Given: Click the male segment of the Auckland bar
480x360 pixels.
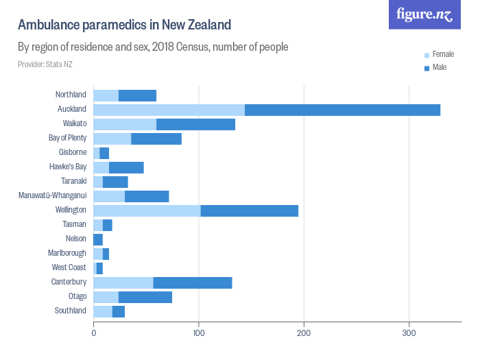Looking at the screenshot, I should click(x=342, y=110).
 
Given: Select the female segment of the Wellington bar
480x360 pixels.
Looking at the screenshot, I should click(x=147, y=211).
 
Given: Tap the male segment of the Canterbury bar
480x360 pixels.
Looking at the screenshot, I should click(x=193, y=283).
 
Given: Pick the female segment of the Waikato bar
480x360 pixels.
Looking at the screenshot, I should click(x=125, y=124).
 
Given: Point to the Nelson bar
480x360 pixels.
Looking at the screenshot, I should click(x=98, y=239).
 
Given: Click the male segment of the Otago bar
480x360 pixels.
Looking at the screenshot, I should click(x=145, y=297).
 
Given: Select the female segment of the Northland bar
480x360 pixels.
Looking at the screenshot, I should click(x=106, y=95).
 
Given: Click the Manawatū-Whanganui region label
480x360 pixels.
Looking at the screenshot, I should click(x=52, y=196).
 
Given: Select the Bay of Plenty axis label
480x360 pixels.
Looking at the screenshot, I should click(x=67, y=139).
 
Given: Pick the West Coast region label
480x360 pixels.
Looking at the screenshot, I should click(x=69, y=268).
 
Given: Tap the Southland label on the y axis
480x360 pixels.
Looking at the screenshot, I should click(x=70, y=311).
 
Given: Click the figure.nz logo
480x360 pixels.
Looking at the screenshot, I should click(x=424, y=14).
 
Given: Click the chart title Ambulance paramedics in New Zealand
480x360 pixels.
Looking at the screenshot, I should click(x=124, y=25).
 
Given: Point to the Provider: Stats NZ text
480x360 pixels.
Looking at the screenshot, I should click(x=45, y=64).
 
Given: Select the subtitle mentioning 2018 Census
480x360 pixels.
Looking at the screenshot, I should click(x=152, y=47).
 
